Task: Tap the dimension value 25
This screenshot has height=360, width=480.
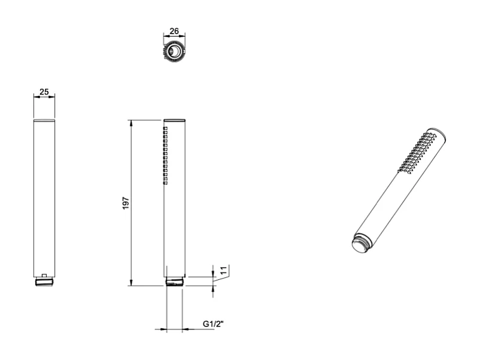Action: (x=44, y=92)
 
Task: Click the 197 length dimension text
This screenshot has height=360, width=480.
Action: (x=124, y=203)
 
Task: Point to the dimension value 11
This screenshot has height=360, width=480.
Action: (x=223, y=271)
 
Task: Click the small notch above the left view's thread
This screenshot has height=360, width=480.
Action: (x=44, y=276)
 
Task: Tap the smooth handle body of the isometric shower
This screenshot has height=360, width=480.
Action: (x=383, y=204)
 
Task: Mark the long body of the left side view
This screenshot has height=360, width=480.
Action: (x=44, y=198)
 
